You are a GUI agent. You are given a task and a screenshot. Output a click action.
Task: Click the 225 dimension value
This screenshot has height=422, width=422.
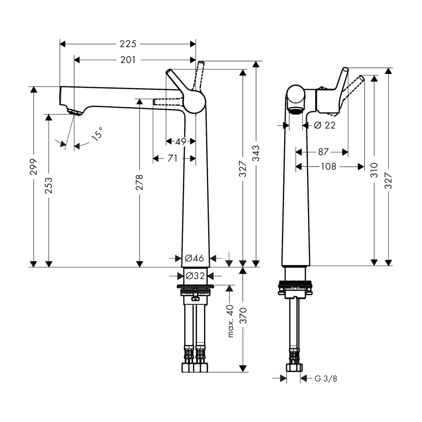128,44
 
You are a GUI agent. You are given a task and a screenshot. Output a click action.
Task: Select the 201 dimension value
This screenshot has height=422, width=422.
128,60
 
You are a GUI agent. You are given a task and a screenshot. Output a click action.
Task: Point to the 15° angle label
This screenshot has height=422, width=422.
97,136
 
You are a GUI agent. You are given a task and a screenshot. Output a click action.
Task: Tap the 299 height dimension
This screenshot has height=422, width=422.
33,176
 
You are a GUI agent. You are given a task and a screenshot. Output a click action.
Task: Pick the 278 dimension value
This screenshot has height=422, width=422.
139,183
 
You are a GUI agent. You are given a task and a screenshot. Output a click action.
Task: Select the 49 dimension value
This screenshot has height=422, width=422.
181,141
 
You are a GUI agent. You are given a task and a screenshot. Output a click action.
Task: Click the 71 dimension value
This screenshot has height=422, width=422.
173,158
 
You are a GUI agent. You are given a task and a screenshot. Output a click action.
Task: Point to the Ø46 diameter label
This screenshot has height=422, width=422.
194,258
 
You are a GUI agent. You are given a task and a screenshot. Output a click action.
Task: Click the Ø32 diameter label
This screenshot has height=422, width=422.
195,276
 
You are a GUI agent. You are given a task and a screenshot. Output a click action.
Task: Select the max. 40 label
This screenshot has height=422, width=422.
230,321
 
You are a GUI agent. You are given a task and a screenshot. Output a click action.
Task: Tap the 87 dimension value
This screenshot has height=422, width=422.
323,152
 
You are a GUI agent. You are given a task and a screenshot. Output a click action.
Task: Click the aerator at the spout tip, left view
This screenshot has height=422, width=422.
75,112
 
